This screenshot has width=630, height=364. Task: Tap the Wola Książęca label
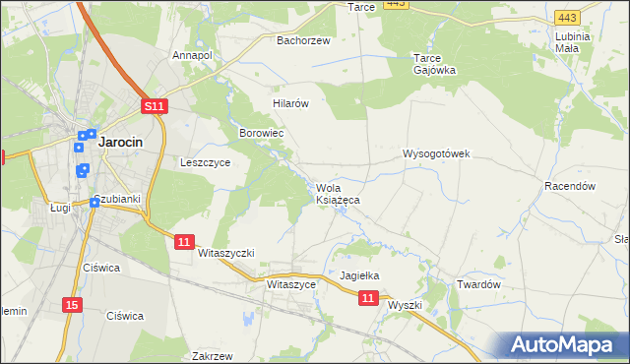[337, 194]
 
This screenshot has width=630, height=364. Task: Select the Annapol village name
[192, 55]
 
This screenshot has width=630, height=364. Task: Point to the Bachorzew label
[303, 40]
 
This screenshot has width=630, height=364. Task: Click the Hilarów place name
[291, 103]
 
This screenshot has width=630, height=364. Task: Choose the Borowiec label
[262, 132]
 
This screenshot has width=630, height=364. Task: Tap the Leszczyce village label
[205, 163]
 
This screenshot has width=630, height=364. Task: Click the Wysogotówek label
[437, 153]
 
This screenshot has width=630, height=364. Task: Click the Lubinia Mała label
[572, 42]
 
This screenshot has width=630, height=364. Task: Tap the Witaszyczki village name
[225, 253]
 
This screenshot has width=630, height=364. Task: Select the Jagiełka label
[359, 276]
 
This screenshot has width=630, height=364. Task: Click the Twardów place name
[479, 284]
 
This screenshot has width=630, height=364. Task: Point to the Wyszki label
[405, 305]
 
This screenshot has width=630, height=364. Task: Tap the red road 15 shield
[71, 305]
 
